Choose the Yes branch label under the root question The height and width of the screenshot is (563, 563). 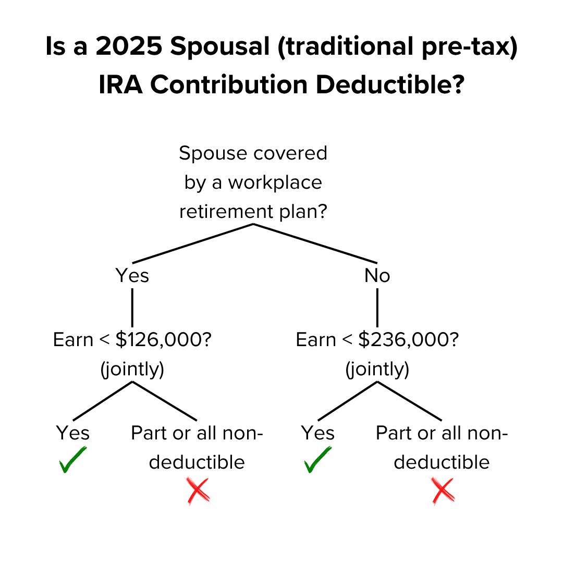[x=132, y=275]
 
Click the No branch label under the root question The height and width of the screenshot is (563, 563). [x=377, y=275]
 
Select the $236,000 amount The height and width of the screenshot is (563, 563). [x=408, y=340]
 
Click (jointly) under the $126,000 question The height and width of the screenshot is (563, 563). [x=132, y=369]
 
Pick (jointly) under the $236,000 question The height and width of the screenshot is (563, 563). [x=377, y=369]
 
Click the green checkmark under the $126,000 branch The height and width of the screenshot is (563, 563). [x=72, y=460]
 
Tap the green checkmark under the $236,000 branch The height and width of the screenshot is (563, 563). [x=317, y=460]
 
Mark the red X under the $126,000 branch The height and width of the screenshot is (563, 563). [x=198, y=491]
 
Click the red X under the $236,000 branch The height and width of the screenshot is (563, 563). [x=443, y=491]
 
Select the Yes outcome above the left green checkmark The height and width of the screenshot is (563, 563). [x=72, y=433]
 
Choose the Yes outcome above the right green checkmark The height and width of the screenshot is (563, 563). [x=317, y=433]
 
